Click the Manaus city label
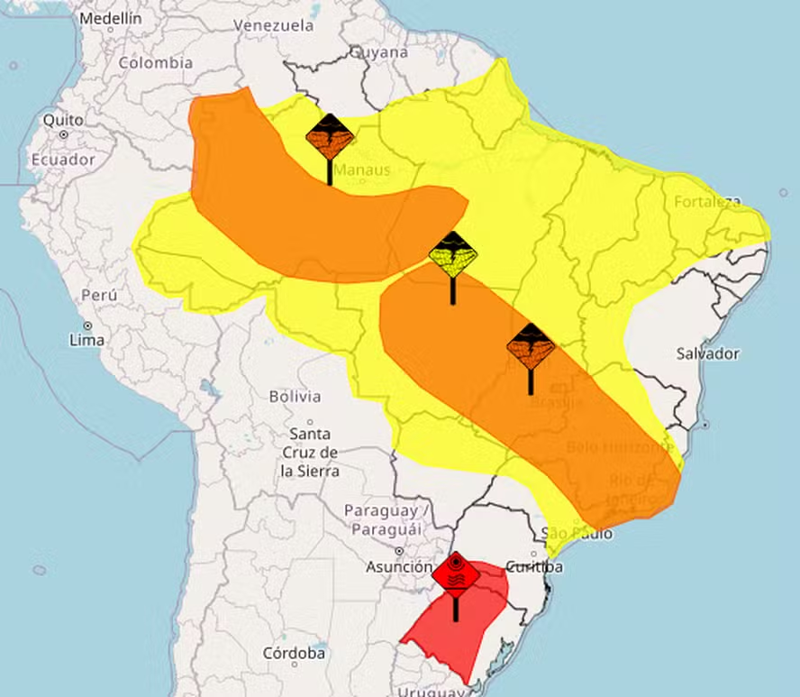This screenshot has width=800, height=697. click(362, 170)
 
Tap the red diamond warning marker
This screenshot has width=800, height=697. click(456, 573)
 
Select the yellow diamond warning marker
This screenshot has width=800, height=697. click(452, 254)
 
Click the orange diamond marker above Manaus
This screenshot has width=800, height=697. click(329, 137)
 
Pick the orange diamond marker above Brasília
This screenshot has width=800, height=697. click(531, 346)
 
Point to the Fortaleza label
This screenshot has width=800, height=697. click(707, 202)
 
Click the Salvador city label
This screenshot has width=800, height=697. click(707, 353)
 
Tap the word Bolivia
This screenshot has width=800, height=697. click(295, 396)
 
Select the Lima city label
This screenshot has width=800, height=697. click(86, 340)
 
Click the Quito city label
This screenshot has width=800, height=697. click(63, 120)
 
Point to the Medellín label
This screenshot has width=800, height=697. click(110, 18)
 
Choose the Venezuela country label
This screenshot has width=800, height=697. click(273, 25)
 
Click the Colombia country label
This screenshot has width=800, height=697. click(156, 63)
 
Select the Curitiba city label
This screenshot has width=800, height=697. click(534, 567)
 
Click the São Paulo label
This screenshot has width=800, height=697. click(577, 534)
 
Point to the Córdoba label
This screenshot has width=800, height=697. click(294, 653)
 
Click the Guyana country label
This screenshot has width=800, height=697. click(378, 52)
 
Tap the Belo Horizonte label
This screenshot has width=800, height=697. click(620, 447)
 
